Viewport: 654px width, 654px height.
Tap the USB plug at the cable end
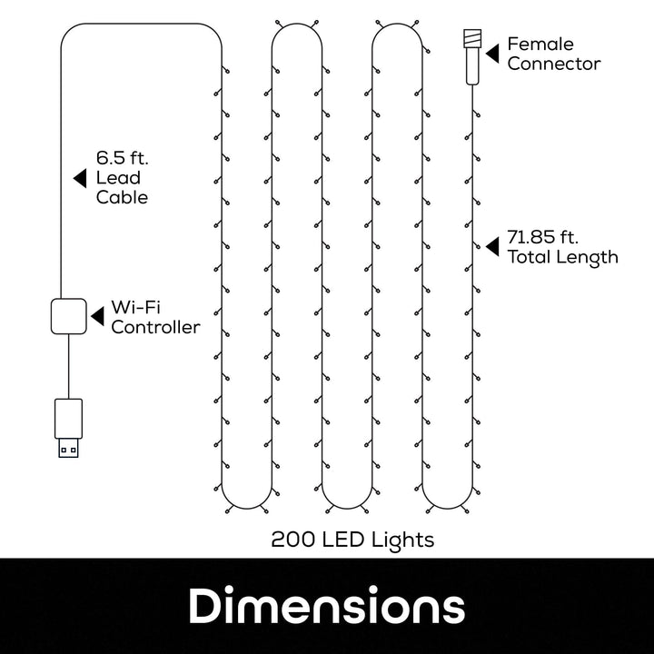pos(67,427)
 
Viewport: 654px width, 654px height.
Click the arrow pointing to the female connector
pos(491,53)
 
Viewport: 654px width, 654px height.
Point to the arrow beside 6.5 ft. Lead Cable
pos(80,176)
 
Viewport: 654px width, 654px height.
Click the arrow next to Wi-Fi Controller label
pos(96,315)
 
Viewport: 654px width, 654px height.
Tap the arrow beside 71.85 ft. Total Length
pos(491,245)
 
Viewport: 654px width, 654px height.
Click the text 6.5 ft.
pos(122,156)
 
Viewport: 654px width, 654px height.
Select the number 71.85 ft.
pos(542,236)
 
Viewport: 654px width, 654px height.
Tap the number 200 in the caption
pos(293,540)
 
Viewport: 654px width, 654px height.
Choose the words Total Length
pos(562,257)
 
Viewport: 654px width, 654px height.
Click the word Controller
pos(155,327)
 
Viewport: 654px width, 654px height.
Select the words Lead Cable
pos(122,187)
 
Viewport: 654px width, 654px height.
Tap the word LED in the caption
pos(347,540)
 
